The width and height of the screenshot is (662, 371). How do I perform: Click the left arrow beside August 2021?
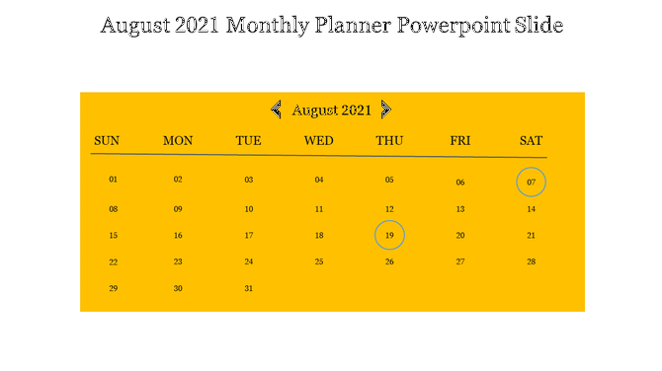point(277,110)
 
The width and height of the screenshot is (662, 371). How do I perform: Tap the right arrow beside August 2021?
point(386,110)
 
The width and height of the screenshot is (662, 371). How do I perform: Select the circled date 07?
point(531,183)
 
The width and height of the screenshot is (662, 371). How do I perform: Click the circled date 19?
point(389,236)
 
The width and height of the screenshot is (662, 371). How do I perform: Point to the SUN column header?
point(107,141)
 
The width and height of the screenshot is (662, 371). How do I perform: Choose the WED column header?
point(318,141)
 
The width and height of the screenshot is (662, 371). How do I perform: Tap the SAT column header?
point(531,141)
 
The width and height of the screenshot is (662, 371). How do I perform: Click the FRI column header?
point(460,141)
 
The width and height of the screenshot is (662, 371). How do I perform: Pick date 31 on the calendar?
point(249,288)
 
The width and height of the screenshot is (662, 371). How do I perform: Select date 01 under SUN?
point(114,180)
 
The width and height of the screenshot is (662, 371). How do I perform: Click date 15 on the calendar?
point(114,236)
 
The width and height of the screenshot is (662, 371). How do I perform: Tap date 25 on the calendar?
point(319,262)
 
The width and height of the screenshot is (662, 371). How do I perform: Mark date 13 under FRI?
point(460,209)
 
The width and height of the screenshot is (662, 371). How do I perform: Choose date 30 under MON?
point(178,288)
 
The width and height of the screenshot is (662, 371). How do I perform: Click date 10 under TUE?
point(249,209)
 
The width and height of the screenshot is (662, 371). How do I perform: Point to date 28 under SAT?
point(531,262)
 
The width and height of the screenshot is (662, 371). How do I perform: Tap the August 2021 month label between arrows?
point(331,111)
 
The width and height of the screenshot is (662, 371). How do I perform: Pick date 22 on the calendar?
point(114,262)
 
